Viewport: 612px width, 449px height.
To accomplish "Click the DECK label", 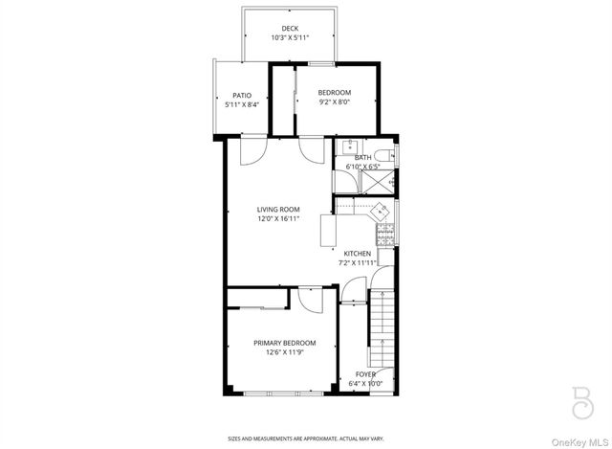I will [x=290, y=28].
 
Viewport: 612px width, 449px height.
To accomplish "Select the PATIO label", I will [x=242, y=95].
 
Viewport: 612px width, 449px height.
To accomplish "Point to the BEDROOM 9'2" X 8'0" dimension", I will [x=335, y=101].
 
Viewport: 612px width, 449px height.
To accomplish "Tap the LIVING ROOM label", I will [x=278, y=209].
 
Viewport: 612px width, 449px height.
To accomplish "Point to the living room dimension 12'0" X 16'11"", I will [x=278, y=218].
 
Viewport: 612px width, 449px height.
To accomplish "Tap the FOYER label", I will [x=365, y=374].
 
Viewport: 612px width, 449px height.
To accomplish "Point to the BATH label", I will [x=362, y=157].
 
